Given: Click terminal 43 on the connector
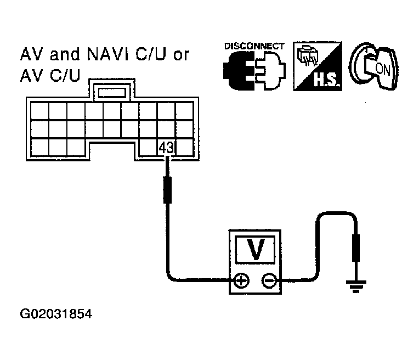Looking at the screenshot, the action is pyautogui.click(x=166, y=147).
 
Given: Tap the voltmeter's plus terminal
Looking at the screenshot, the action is pyautogui.click(x=241, y=281).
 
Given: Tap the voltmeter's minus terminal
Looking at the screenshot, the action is pyautogui.click(x=269, y=281).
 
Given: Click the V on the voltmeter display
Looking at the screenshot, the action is pyautogui.click(x=255, y=249).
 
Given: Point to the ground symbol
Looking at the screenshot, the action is pyautogui.click(x=356, y=286).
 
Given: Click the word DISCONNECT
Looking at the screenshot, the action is pyautogui.click(x=254, y=46).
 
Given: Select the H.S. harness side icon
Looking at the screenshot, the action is pyautogui.click(x=318, y=66).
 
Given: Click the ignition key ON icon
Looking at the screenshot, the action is pyautogui.click(x=373, y=66).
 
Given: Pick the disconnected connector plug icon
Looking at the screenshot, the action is pyautogui.click(x=254, y=71).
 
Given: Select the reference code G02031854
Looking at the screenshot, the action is pyautogui.click(x=56, y=314).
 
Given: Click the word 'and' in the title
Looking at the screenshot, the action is pyautogui.click(x=65, y=54).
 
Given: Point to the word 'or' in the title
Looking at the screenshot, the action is pyautogui.click(x=181, y=55).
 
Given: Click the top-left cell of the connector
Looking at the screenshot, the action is pyautogui.click(x=40, y=111).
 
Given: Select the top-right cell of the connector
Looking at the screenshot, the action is pyautogui.click(x=184, y=111).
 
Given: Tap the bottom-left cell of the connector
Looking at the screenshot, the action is pyautogui.click(x=40, y=147).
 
